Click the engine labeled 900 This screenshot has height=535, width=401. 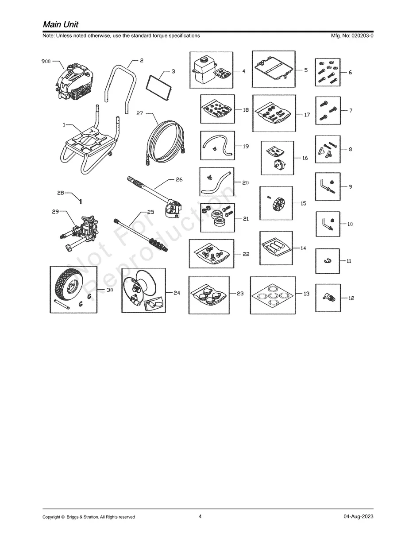(x=75, y=81)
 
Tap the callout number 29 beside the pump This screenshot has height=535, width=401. (x=55, y=211)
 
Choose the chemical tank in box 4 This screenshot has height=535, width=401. (x=204, y=70)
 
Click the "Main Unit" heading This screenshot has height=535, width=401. (x=61, y=24)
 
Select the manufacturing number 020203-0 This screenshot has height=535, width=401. (x=361, y=35)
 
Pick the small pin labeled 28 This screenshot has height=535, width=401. (x=81, y=202)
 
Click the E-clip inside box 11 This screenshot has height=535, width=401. (x=328, y=261)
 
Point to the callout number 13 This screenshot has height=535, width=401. (x=306, y=294)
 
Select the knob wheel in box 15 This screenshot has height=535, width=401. (x=278, y=204)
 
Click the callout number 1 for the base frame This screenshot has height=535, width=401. (x=64, y=125)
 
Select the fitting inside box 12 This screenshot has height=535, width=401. (x=328, y=298)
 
